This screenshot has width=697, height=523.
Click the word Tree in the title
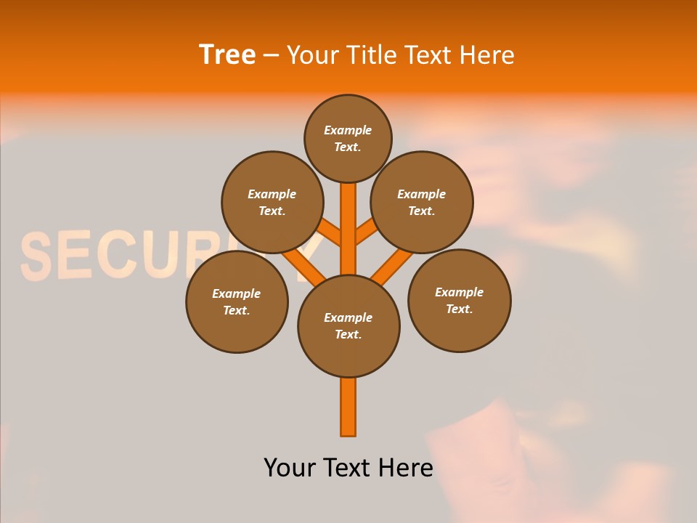227,54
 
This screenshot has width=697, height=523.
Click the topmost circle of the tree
348,138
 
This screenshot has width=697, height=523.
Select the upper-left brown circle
272,202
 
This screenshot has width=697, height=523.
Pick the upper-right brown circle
422,202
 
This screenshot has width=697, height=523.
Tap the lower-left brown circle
237,301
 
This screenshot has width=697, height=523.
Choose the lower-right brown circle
459,300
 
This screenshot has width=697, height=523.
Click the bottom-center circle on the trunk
348,326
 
